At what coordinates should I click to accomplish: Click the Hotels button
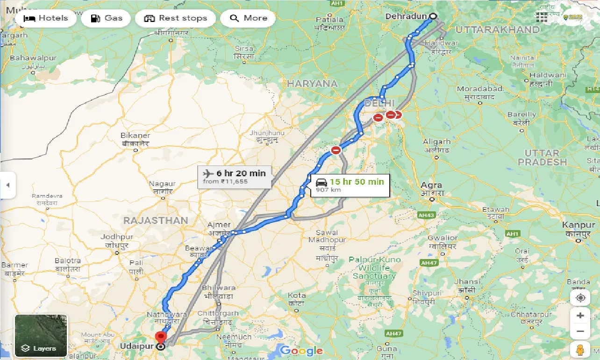pos(45,18)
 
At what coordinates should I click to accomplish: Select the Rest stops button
pos(175,18)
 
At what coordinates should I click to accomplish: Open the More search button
pos(248,18)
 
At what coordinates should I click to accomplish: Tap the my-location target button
pos(580,298)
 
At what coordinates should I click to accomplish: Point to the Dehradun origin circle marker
pos(433,16)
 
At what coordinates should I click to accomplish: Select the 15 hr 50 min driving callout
pos(349,185)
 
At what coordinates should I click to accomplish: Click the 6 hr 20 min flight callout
pos(234,177)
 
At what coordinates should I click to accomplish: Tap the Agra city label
pos(431,186)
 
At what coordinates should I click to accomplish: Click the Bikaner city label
pos(135,136)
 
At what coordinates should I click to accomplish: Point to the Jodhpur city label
pos(117,238)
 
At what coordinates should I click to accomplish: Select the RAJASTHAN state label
pos(156,220)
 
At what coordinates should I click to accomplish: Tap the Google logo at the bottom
pos(301,350)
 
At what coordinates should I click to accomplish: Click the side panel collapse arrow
pos(7,185)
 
